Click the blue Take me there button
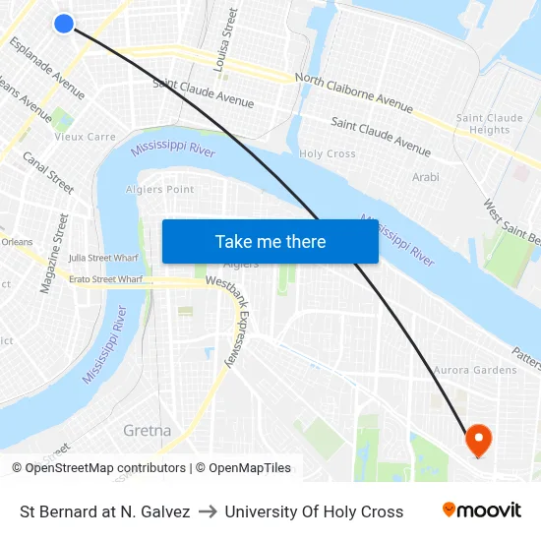pos(270,242)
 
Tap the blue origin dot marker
pos(64,23)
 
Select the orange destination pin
pos(479,440)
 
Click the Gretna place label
pos(148,431)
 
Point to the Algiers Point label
pos(160,190)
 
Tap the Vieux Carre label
pos(85,138)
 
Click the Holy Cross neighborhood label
pos(327,154)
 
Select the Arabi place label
pos(426,178)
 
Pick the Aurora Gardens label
pos(475,371)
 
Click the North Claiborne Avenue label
pos(353,91)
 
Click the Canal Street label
pos(48,172)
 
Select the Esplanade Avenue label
pos(46,70)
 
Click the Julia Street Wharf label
pos(103,258)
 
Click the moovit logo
pos(481,511)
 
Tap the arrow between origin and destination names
pos(208,511)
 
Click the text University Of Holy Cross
pos(314,511)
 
